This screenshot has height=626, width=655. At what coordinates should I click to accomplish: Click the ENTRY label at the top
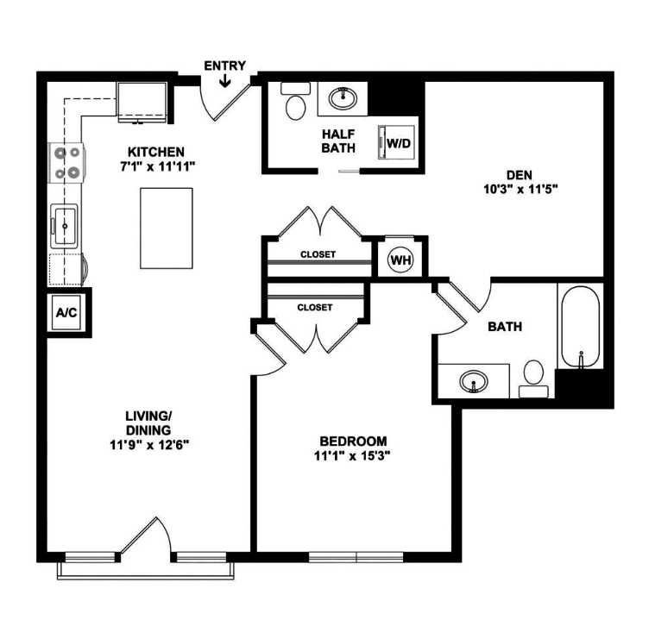pyautogui.click(x=224, y=66)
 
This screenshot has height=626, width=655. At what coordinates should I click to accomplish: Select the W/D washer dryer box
pyautogui.click(x=398, y=142)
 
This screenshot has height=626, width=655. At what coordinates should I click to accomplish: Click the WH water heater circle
pyautogui.click(x=400, y=259)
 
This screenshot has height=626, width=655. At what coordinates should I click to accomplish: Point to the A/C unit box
pyautogui.click(x=66, y=312)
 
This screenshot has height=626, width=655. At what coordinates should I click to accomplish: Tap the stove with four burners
pyautogui.click(x=68, y=161)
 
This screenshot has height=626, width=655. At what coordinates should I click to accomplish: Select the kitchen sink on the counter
pyautogui.click(x=65, y=226)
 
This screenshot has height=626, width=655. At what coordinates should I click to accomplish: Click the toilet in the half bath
pyautogui.click(x=296, y=105)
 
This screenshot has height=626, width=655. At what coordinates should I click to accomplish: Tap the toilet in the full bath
pyautogui.click(x=533, y=376)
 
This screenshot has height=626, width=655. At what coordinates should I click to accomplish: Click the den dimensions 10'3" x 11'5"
pyautogui.click(x=517, y=190)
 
